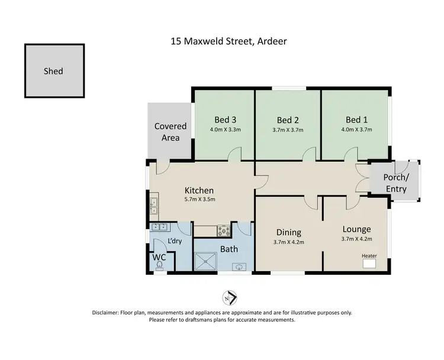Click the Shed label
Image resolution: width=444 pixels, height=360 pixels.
53,71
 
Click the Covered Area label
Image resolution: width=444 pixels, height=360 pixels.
170,132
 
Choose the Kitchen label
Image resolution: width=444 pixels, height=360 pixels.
199,190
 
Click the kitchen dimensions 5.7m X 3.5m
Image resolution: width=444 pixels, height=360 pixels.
199,200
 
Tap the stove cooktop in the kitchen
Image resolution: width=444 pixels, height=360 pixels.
224,230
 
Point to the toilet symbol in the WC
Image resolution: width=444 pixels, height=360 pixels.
159,266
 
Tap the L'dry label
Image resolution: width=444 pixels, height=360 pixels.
174,241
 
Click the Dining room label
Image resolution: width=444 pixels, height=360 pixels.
289,232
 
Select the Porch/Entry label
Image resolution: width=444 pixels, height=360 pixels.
395,183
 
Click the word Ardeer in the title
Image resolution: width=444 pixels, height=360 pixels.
272,41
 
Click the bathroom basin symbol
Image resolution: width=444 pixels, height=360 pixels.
239,267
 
